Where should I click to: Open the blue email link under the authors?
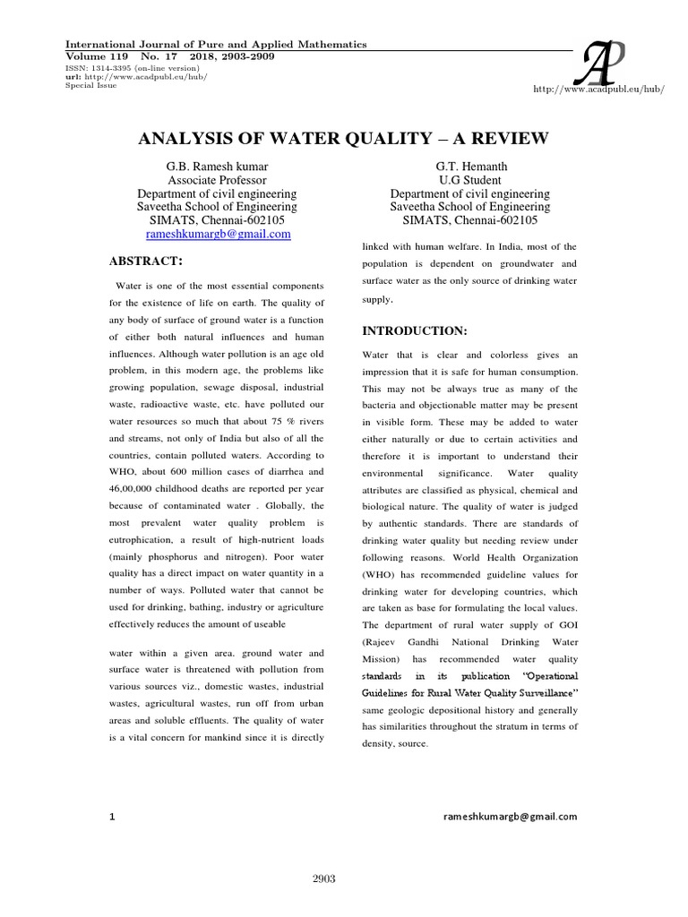[x=218, y=234]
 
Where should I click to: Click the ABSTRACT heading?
[x=145, y=261]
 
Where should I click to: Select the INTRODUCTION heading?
[x=415, y=330]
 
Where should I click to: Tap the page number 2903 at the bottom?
[x=323, y=878]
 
